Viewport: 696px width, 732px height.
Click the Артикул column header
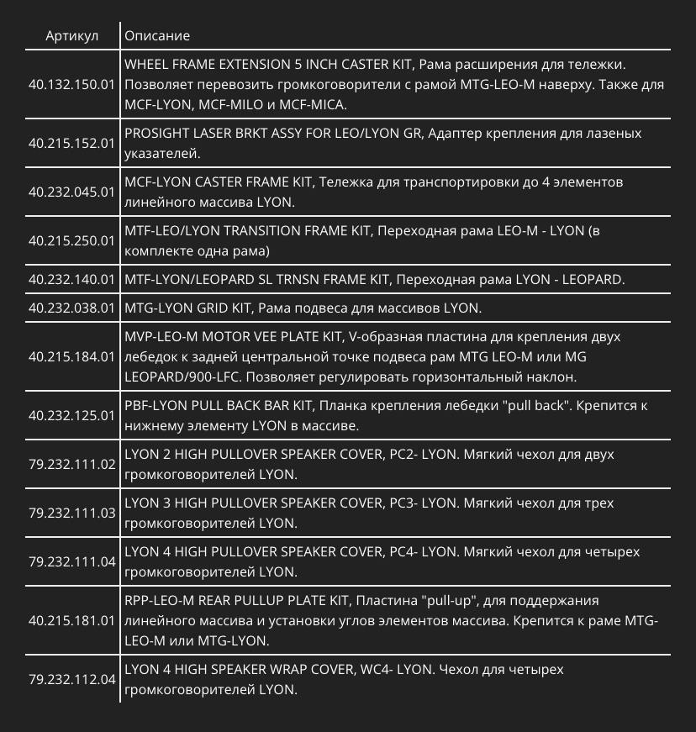(72, 36)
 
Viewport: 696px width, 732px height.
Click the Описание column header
(157, 36)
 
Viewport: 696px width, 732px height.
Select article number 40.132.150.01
(71, 85)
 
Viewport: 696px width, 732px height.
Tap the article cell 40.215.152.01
(71, 144)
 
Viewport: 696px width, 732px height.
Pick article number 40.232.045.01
(71, 192)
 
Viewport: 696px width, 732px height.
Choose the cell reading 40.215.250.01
(71, 240)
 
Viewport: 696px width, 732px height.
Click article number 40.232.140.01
(71, 279)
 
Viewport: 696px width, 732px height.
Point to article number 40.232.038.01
(71, 308)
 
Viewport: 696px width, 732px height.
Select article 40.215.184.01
(71, 357)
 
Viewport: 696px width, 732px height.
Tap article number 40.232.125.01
(71, 415)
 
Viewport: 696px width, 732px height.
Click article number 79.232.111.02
(71, 464)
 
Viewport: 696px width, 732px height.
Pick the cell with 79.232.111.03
(71, 513)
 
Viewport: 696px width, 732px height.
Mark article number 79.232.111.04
(71, 561)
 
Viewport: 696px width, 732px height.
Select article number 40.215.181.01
(71, 620)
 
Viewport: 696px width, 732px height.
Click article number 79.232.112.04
(71, 679)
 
